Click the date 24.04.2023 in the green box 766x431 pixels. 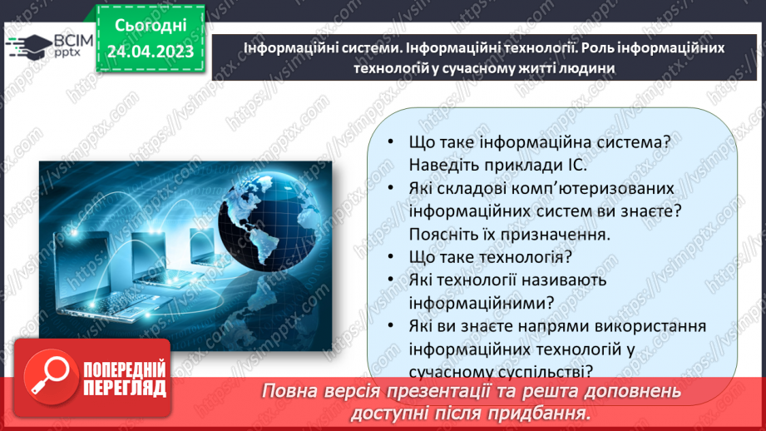(151, 52)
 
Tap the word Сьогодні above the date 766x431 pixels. (151, 24)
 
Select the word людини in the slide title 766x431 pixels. (589, 69)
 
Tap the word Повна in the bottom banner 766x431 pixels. (289, 391)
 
